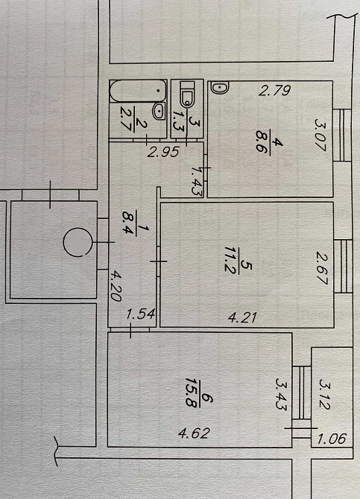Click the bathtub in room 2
click(138, 91)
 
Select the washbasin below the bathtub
click(158, 111)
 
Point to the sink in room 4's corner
click(220, 88)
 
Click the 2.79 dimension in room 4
click(274, 91)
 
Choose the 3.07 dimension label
click(321, 135)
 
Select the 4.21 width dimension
click(242, 317)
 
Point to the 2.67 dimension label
click(323, 267)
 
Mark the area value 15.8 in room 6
click(192, 392)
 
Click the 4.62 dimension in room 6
click(194, 433)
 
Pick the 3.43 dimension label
click(281, 394)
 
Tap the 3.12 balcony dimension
click(325, 394)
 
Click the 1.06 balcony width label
click(332, 439)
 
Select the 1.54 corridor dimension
click(140, 314)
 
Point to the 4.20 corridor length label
click(116, 285)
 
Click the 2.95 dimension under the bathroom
click(163, 152)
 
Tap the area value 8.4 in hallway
click(129, 223)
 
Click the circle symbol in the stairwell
click(78, 242)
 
